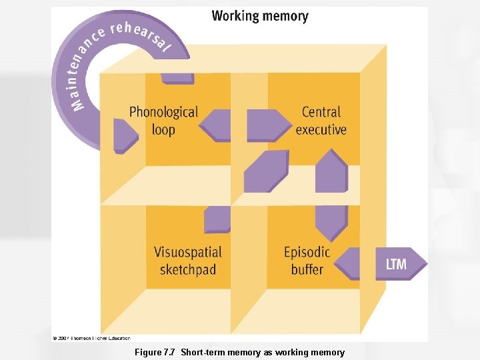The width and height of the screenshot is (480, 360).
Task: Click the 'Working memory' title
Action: tap(260, 15)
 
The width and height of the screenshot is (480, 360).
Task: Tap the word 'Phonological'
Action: tap(163, 112)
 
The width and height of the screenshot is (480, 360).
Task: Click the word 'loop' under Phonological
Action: tap(163, 129)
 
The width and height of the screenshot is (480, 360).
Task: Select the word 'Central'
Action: tap(321, 112)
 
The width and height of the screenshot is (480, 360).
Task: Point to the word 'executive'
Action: tap(321, 129)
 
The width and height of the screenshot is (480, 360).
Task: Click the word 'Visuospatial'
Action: tap(188, 252)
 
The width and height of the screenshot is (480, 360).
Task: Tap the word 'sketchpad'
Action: tap(188, 269)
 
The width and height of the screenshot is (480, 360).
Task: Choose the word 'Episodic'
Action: tap(307, 252)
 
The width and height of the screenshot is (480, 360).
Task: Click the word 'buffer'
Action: tap(307, 269)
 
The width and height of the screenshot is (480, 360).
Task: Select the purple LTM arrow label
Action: tap(397, 264)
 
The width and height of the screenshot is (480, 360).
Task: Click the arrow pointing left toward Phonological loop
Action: tap(215, 125)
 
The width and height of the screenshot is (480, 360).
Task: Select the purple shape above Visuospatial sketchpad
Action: tap(217, 219)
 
